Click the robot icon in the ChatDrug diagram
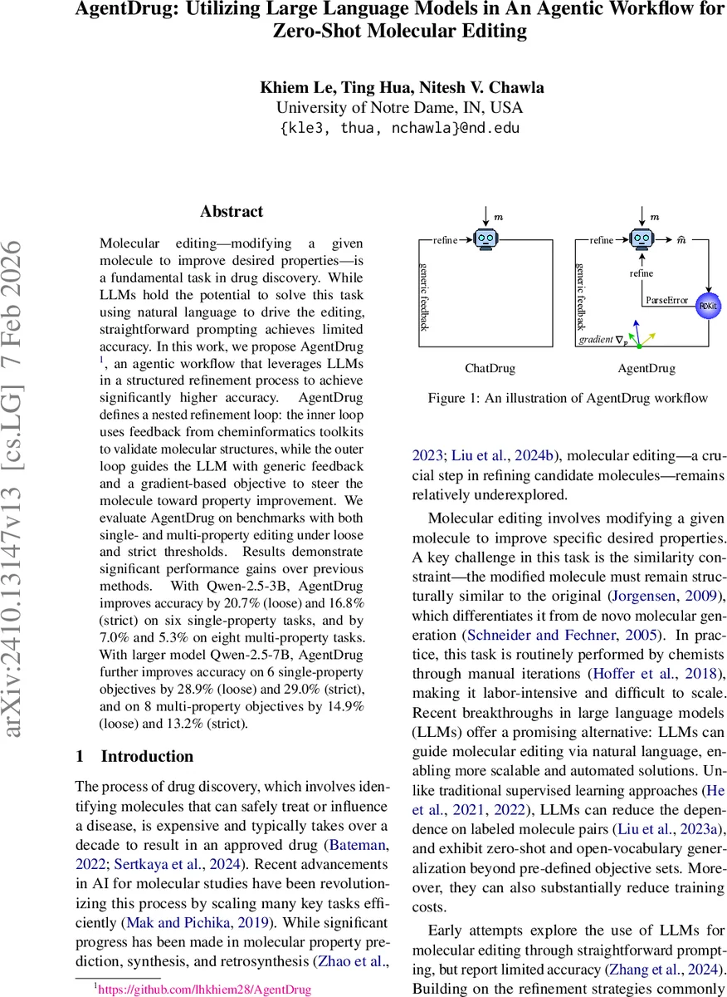(x=487, y=239)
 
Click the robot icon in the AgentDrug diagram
(x=640, y=239)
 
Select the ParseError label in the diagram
(x=667, y=300)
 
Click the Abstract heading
(x=232, y=212)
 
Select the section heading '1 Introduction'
(x=134, y=756)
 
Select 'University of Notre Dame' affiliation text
(x=364, y=108)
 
